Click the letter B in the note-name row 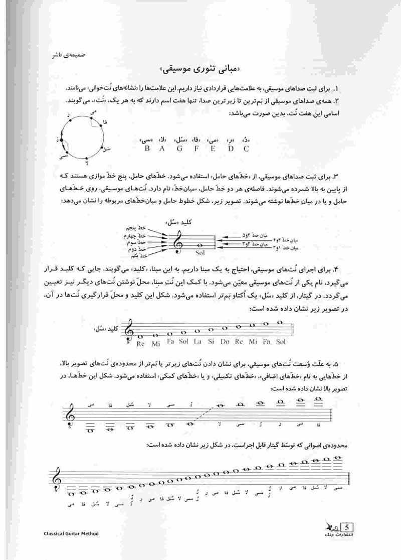point(147,149)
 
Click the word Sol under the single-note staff point(200,253)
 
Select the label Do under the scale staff point(226,343)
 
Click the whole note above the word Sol point(201,244)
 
